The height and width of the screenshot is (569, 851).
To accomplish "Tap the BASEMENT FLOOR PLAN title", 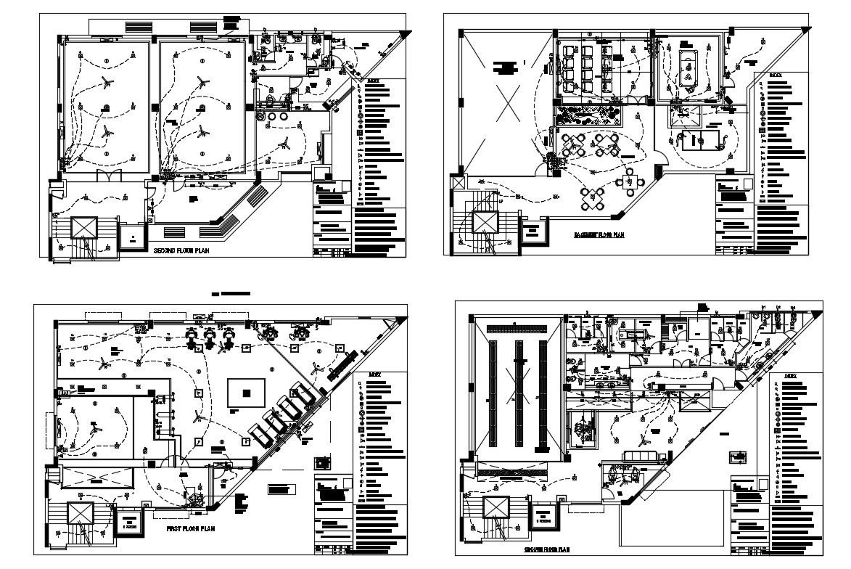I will click(599, 234).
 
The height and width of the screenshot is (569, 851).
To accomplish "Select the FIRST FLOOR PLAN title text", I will click(192, 530).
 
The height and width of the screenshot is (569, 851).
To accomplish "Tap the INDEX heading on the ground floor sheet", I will click(794, 376).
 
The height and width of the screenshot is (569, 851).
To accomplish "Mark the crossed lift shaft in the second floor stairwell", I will click(82, 227).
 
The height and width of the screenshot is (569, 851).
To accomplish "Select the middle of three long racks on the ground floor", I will click(518, 392).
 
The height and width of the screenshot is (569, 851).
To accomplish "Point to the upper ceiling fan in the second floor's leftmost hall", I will click(106, 81).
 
